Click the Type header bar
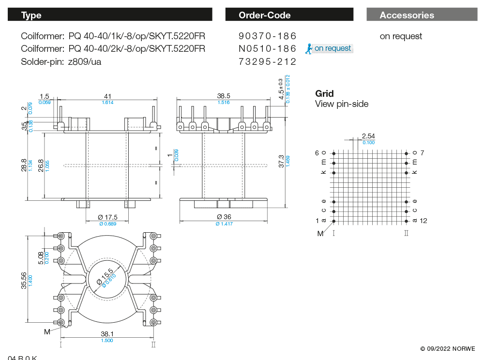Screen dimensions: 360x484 pos(110,15)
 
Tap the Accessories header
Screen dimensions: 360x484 pos(422,15)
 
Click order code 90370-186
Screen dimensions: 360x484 pos(267,36)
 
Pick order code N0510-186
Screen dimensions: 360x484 pos(267,49)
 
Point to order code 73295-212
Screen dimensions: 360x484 pos(267,61)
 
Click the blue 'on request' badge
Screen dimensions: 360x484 pos(329,48)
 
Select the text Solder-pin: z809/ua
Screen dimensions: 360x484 pos(61,61)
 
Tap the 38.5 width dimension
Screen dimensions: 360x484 pos(223,96)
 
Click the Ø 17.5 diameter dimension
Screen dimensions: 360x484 pos(108,217)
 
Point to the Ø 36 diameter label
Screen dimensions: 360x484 pos(224,217)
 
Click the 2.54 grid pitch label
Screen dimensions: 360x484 pos(368,136)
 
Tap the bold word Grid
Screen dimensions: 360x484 pos(324,94)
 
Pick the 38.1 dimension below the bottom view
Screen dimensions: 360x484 pos(107,334)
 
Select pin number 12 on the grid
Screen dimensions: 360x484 pos(423,221)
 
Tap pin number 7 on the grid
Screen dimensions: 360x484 pos(422,153)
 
